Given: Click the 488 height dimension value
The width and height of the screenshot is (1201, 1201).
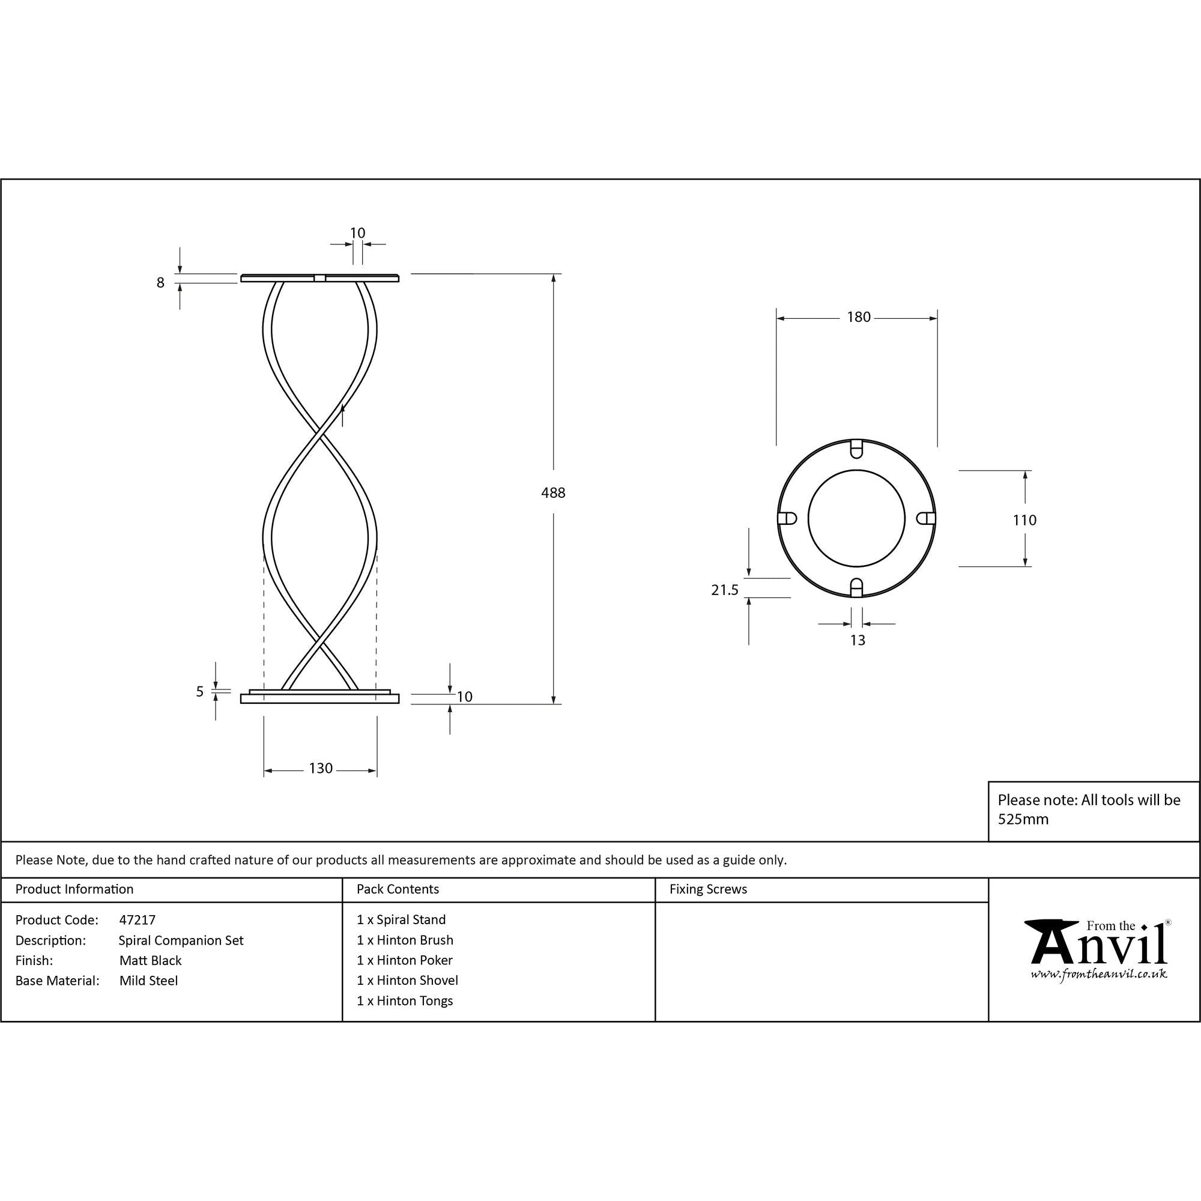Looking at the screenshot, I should pyautogui.click(x=552, y=493).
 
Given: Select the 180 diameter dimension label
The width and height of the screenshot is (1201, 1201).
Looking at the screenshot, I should pyautogui.click(x=859, y=318).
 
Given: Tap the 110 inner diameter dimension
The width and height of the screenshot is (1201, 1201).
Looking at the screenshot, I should pyautogui.click(x=1024, y=520).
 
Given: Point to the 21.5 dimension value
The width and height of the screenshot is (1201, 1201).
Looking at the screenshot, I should pyautogui.click(x=724, y=590).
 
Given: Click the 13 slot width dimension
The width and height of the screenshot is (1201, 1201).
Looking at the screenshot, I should pyautogui.click(x=858, y=640).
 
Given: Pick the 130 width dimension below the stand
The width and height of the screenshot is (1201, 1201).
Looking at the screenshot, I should pyautogui.click(x=321, y=769).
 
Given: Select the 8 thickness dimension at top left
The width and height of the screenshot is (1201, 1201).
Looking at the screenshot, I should pyautogui.click(x=160, y=283).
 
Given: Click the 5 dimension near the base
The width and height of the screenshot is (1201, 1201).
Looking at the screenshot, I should pyautogui.click(x=199, y=692).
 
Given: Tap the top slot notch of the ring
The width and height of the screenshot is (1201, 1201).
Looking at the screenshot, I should pyautogui.click(x=857, y=447).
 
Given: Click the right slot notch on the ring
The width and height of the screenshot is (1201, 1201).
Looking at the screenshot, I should pyautogui.click(x=926, y=518).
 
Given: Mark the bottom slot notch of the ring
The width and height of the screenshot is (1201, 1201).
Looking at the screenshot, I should pyautogui.click(x=857, y=587).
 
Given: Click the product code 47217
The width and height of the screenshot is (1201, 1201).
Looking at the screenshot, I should pyautogui.click(x=137, y=920).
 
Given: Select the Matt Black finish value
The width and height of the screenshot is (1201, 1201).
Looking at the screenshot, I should pyautogui.click(x=151, y=960).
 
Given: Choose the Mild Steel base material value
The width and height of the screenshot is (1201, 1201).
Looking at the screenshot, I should pyautogui.click(x=148, y=981).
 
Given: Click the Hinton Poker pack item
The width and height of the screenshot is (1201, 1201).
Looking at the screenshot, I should pyautogui.click(x=405, y=960).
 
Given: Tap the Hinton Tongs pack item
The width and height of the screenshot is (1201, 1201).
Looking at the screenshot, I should pyautogui.click(x=405, y=1001).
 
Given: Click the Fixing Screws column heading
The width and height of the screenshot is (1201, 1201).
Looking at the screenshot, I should pyautogui.click(x=708, y=889).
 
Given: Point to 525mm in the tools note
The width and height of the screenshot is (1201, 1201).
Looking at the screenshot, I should pyautogui.click(x=1023, y=819).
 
